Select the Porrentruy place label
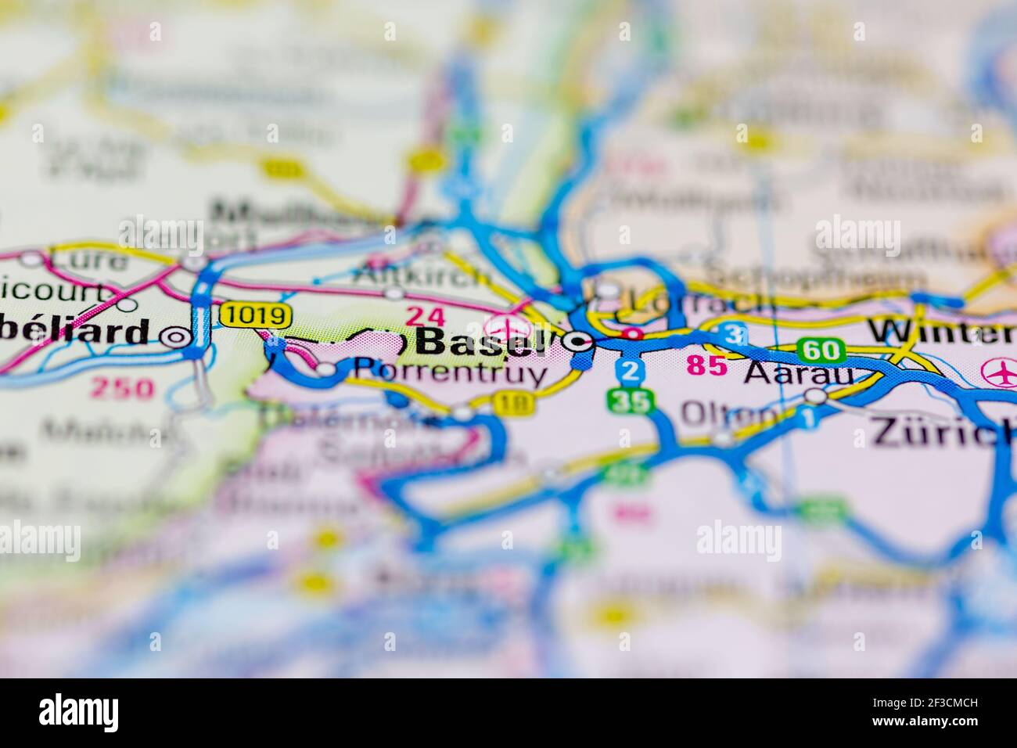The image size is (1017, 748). click(451, 372)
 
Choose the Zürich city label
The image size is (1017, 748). click(943, 433)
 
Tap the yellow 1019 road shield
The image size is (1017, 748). click(256, 315)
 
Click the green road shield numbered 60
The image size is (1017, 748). click(821, 350)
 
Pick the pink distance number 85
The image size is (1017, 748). click(707, 365)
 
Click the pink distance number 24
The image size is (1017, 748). click(425, 316)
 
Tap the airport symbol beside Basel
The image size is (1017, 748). click(504, 325)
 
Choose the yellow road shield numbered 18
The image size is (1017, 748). click(514, 403)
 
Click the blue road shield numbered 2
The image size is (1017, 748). click(631, 371)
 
